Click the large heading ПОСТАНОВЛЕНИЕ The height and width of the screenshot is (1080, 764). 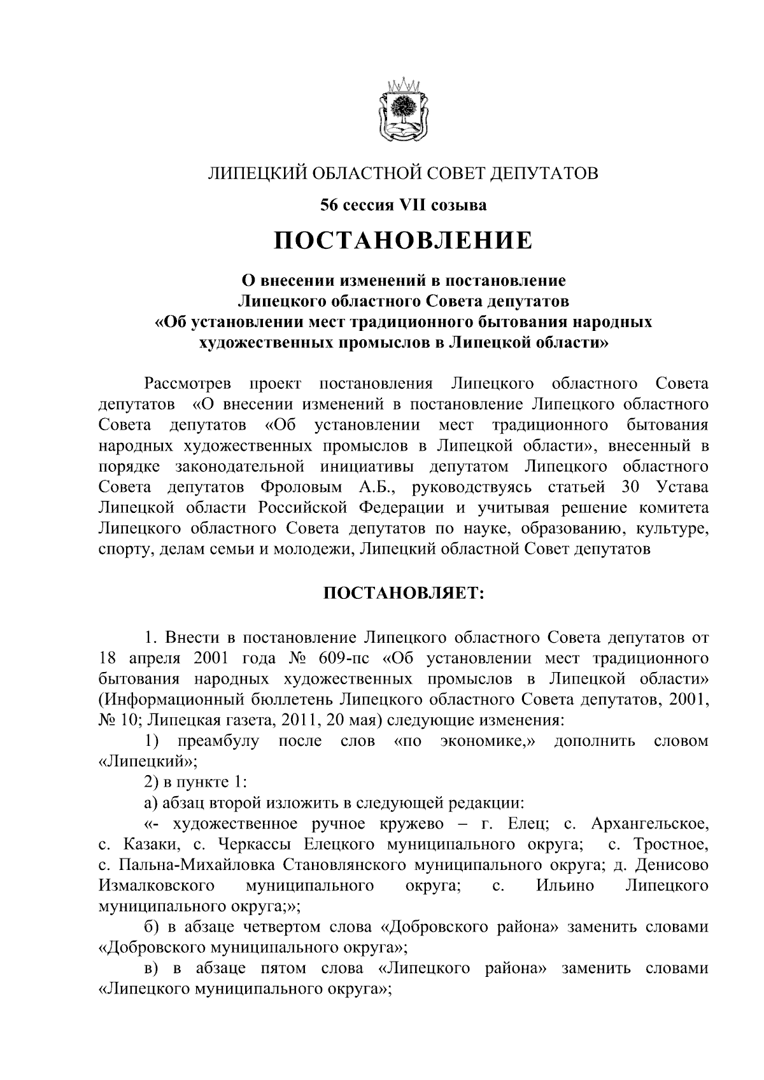click(402, 241)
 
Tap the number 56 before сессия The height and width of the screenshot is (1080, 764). click(329, 205)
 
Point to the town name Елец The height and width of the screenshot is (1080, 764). click(523, 824)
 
